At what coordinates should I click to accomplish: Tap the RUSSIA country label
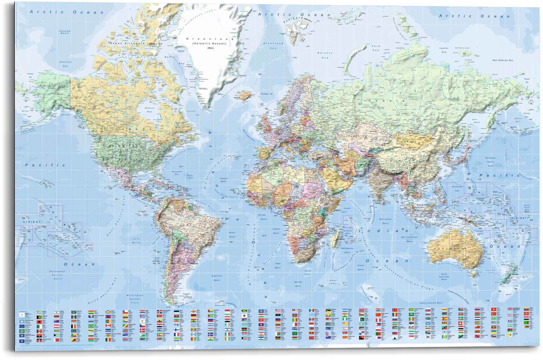click(x=386, y=101)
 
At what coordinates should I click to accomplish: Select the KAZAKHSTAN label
click(x=355, y=136)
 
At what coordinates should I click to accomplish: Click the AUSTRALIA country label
click(x=450, y=248)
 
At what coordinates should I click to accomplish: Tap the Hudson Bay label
click(x=149, y=110)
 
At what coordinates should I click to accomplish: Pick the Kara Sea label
click(x=376, y=48)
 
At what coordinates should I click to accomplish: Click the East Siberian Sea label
click(x=502, y=60)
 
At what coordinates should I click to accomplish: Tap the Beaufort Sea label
click(x=65, y=64)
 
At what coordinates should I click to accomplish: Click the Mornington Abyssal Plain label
click(x=135, y=299)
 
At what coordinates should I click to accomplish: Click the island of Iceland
click(x=244, y=95)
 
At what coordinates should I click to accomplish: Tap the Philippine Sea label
click(x=457, y=189)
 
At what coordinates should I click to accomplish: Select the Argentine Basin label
click(x=217, y=278)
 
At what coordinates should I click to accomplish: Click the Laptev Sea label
click(x=444, y=50)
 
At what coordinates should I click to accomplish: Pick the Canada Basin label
click(x=65, y=32)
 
